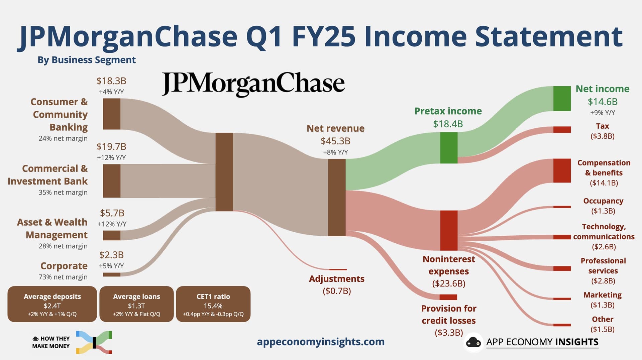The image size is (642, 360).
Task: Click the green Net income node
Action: click(562, 99)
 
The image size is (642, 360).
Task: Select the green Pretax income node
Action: click(449, 148)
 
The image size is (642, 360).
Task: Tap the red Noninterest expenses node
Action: click(449, 230)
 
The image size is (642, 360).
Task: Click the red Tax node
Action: click(562, 130)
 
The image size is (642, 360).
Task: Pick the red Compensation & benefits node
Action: click(562, 170)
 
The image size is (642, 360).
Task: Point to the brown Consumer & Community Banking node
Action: click(111, 114)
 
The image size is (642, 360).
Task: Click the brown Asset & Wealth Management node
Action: click(111, 235)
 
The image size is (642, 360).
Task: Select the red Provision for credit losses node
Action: click(448, 297)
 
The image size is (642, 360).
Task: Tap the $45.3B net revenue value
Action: click(335, 141)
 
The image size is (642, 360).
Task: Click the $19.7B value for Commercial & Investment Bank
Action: click(111, 147)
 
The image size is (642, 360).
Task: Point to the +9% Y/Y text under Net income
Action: click(603, 113)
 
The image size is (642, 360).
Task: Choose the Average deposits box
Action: click(52, 304)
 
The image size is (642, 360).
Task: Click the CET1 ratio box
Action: click(213, 304)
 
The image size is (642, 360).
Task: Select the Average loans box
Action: click(136, 304)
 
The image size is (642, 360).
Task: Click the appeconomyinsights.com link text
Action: click(321, 342)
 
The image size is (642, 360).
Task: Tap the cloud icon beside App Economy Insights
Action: click(473, 342)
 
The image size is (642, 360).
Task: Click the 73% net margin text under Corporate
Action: click(63, 277)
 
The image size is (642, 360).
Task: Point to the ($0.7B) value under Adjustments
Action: click(337, 291)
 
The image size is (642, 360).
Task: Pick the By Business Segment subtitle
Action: click(87, 60)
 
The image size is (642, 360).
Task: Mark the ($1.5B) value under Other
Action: click(603, 329)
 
